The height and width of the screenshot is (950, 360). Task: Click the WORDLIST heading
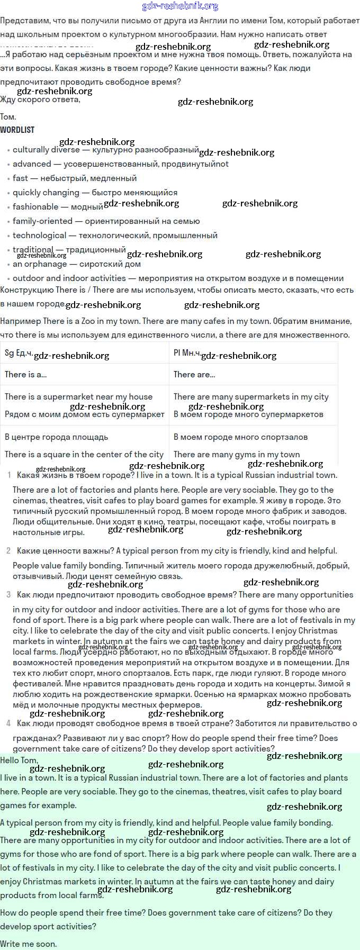17,130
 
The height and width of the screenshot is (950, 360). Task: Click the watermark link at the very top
180,6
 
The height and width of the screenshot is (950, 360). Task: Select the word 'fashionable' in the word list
35,207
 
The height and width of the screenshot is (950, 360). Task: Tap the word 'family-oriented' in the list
42,221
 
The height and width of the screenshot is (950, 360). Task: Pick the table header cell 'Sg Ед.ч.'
19,352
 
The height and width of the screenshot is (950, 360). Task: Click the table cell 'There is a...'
25,375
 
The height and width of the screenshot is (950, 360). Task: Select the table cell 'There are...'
194,375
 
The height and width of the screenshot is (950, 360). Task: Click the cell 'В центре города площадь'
56,437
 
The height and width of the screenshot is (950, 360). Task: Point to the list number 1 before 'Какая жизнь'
9,475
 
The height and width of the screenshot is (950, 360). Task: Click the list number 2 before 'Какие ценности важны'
8,551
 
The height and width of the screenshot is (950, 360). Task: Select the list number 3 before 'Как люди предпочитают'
8,595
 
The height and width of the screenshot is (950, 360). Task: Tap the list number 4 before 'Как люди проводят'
8,723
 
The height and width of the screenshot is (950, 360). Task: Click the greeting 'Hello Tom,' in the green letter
19,760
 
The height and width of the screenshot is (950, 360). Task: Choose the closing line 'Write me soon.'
29,944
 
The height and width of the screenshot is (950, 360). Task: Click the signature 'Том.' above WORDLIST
8,117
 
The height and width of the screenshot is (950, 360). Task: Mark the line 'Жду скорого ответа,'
40,99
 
